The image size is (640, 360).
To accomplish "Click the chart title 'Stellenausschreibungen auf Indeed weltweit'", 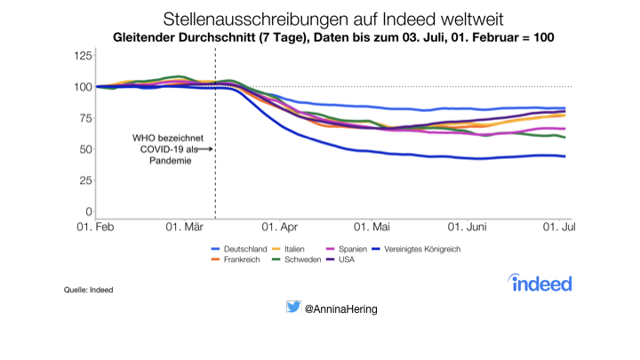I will pyautogui.click(x=319, y=18).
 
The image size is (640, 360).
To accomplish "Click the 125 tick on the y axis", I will pyautogui.click(x=82, y=56).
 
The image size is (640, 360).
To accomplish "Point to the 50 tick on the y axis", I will pyautogui.click(x=85, y=149).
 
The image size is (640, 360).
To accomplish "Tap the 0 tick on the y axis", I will pyautogui.click(x=88, y=212).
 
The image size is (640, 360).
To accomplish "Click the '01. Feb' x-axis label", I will pyautogui.click(x=95, y=229).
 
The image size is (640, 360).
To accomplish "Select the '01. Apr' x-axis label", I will pyautogui.click(x=279, y=229).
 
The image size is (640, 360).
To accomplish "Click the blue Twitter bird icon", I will pyautogui.click(x=293, y=308).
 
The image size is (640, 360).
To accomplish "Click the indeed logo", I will pyautogui.click(x=540, y=283).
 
